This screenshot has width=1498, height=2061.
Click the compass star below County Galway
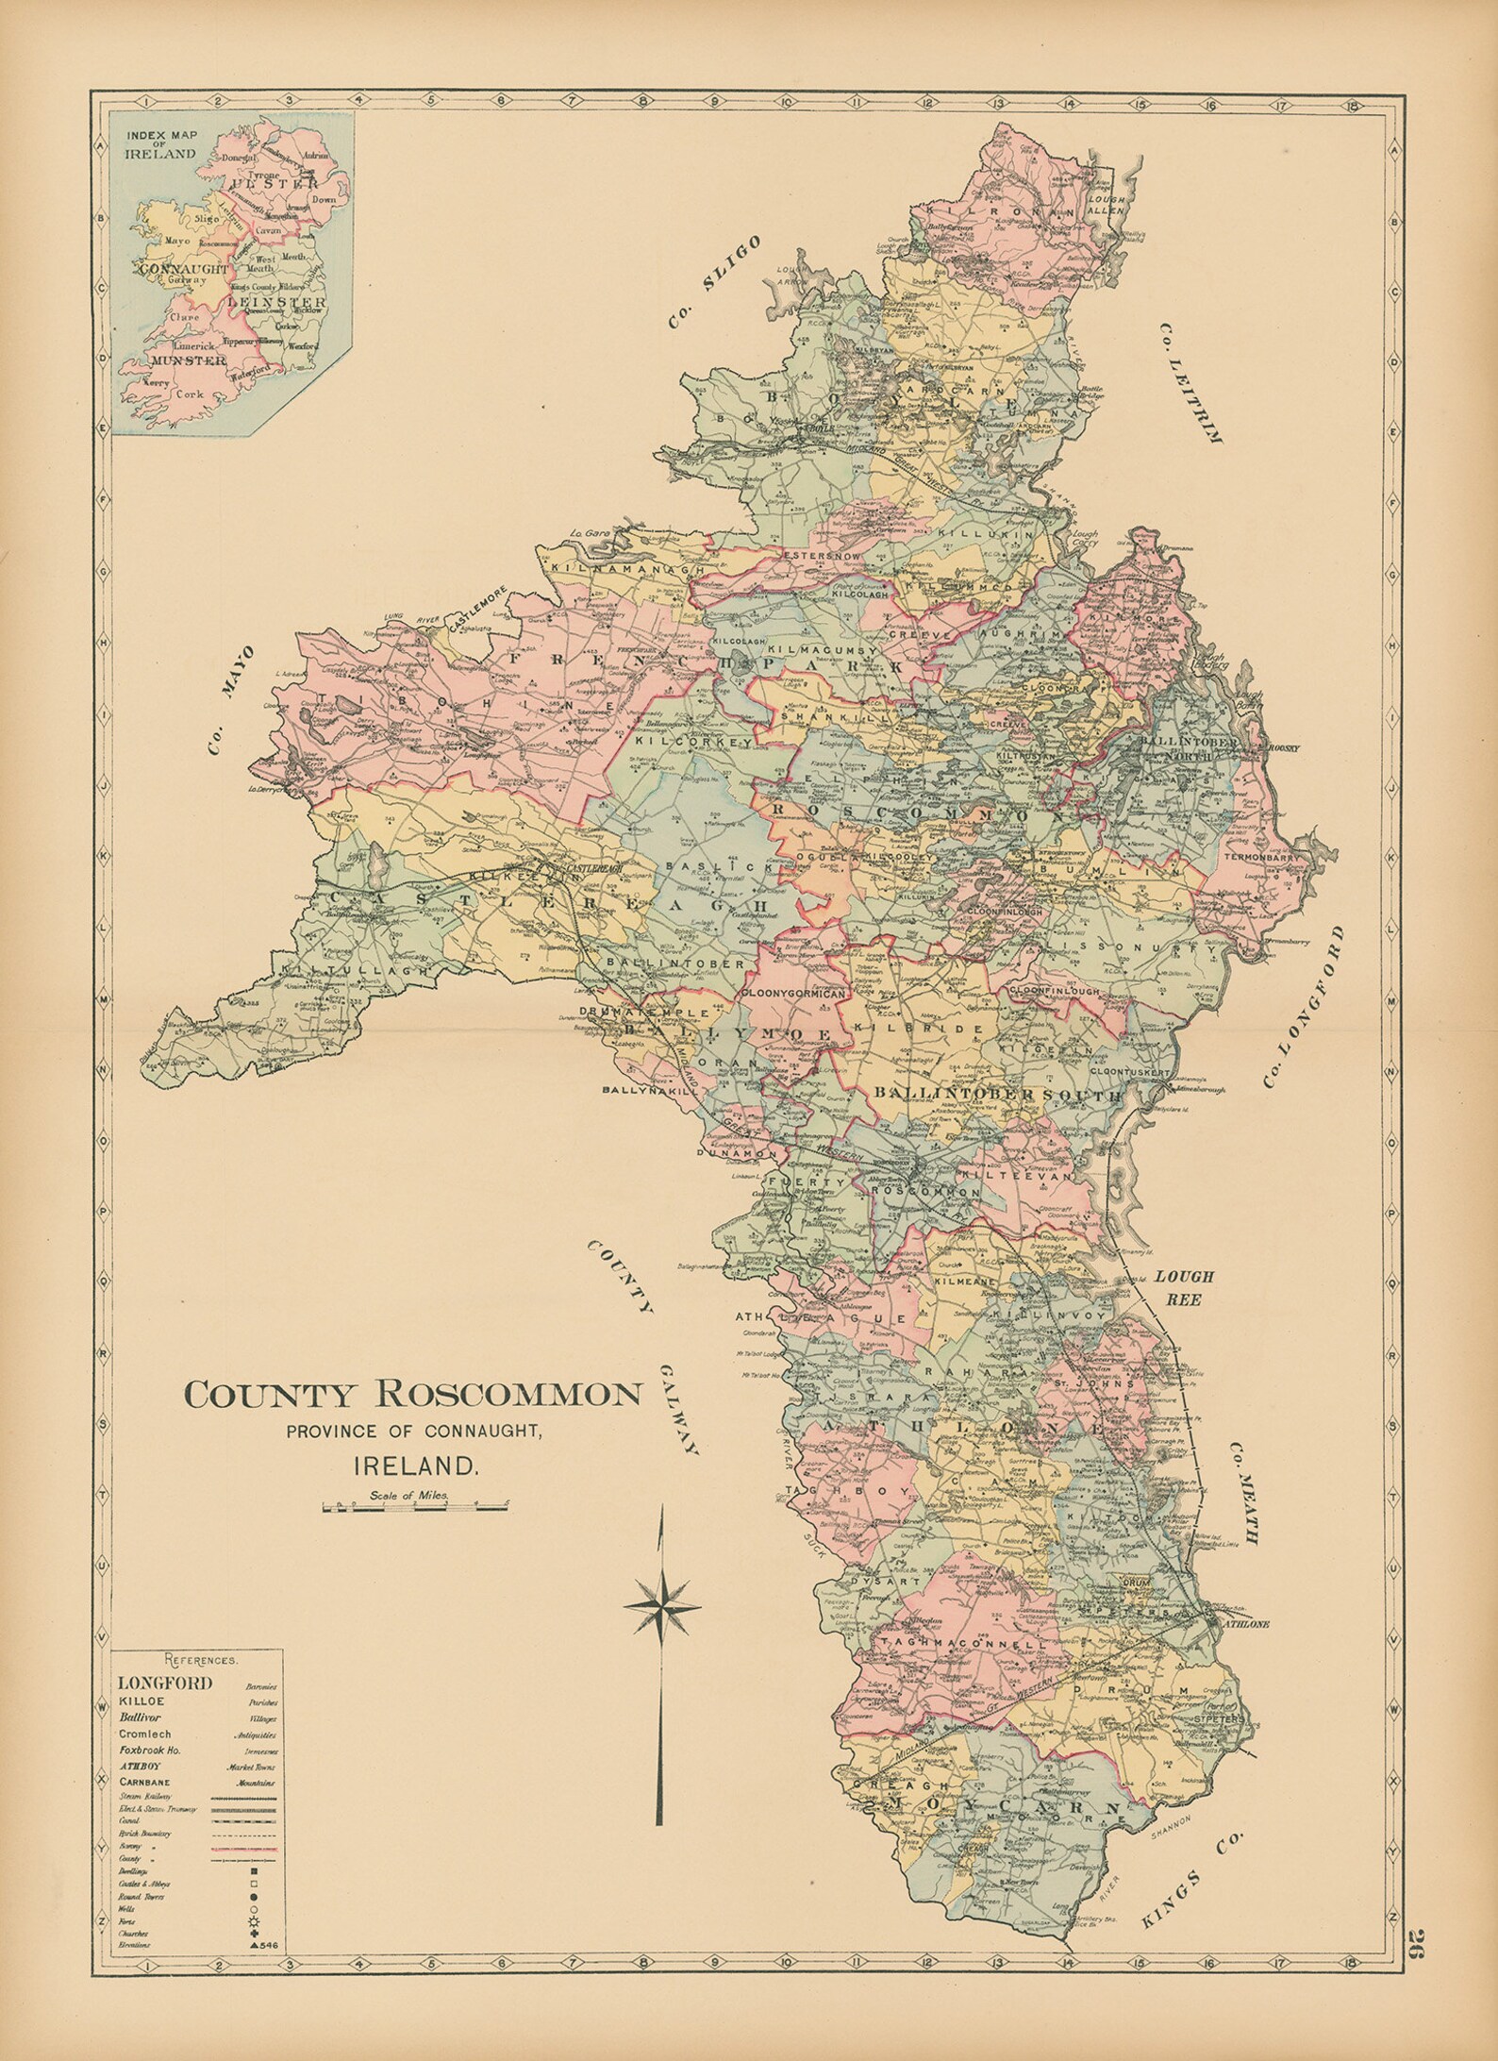click(662, 1605)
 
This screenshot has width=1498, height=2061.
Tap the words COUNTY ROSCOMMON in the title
click(413, 1395)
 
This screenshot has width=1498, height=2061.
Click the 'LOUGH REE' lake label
click(1186, 1287)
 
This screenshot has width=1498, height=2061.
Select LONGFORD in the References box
click(165, 1682)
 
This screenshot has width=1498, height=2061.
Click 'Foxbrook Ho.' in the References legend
click(149, 1749)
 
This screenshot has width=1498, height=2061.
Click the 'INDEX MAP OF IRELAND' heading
click(161, 145)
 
